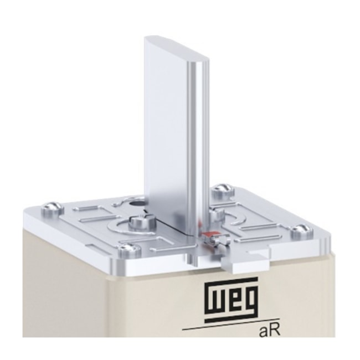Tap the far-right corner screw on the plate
(x=301, y=229)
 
